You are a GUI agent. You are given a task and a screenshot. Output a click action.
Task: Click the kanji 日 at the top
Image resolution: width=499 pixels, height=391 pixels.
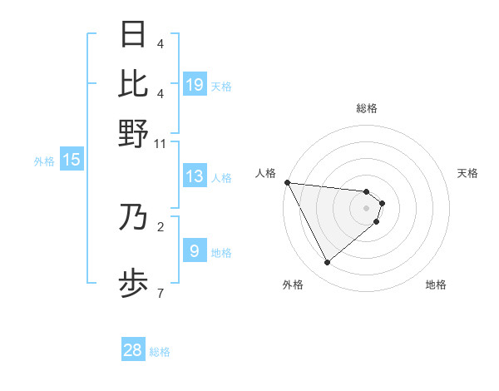133,34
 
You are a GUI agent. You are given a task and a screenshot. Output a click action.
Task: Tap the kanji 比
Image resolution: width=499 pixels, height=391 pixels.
133,83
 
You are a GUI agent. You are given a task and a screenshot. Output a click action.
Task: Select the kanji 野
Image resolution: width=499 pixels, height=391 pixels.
133,133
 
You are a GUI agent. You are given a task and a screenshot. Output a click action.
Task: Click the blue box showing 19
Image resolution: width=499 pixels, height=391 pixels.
195,84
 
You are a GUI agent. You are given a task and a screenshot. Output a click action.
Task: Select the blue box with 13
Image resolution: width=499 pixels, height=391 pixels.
195,176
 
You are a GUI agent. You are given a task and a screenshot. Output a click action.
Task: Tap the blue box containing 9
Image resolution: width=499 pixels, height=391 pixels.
195,250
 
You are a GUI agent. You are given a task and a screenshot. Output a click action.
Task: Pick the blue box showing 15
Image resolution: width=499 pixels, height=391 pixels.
72,160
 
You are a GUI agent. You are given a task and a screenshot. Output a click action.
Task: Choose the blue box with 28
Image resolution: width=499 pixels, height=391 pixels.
133,350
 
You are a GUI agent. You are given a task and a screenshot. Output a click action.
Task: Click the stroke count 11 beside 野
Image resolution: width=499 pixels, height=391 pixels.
161,143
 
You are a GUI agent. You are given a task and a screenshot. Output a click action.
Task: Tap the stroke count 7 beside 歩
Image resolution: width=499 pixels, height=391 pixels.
161,293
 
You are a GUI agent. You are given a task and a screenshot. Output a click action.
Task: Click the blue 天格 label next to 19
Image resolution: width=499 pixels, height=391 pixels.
221,87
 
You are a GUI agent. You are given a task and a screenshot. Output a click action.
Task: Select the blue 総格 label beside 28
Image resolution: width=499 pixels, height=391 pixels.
160,353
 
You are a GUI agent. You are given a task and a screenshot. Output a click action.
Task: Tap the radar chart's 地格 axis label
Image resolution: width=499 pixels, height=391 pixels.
436,285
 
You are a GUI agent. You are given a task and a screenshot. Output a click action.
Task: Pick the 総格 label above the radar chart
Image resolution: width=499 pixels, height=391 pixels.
367,108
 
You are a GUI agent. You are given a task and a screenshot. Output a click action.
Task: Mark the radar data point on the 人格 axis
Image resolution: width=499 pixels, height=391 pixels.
287,182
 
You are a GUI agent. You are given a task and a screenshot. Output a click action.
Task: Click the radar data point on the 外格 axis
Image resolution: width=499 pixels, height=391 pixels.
327,262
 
